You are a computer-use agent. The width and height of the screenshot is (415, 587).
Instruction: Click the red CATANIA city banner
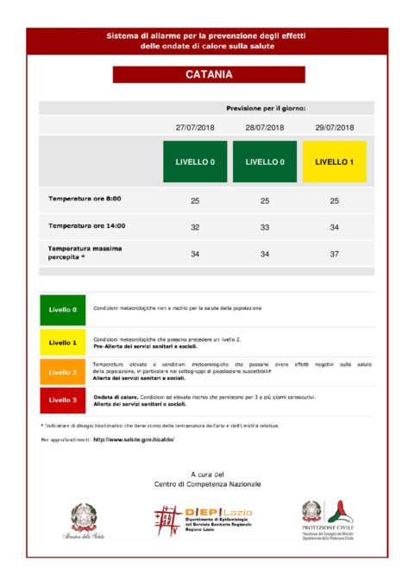(x=208, y=75)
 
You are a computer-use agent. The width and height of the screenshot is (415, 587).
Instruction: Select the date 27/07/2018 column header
(x=194, y=127)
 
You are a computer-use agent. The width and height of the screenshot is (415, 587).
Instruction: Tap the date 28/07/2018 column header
(x=264, y=127)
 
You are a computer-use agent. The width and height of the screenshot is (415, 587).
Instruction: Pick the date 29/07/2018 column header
(x=334, y=127)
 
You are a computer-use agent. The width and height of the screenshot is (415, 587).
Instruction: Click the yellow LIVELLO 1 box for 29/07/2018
(x=334, y=161)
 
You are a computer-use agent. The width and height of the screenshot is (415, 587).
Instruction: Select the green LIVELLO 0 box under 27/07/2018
(x=194, y=161)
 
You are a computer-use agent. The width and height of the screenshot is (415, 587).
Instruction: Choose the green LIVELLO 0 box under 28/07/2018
(x=264, y=161)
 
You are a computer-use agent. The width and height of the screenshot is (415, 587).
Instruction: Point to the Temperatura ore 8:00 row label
(x=85, y=199)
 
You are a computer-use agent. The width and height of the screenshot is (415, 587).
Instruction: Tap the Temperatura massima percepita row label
(x=85, y=252)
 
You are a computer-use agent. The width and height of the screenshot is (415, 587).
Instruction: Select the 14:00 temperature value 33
(x=264, y=226)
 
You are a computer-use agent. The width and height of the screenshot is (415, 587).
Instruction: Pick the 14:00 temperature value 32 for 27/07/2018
(x=194, y=226)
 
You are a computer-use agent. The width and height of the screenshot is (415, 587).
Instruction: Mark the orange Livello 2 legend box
(x=62, y=372)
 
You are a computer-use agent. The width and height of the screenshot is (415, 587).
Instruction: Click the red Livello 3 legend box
(x=62, y=401)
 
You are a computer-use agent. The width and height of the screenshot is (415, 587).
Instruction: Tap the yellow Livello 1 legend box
(x=62, y=342)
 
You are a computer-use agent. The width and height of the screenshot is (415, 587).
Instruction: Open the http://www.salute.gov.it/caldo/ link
(x=134, y=439)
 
